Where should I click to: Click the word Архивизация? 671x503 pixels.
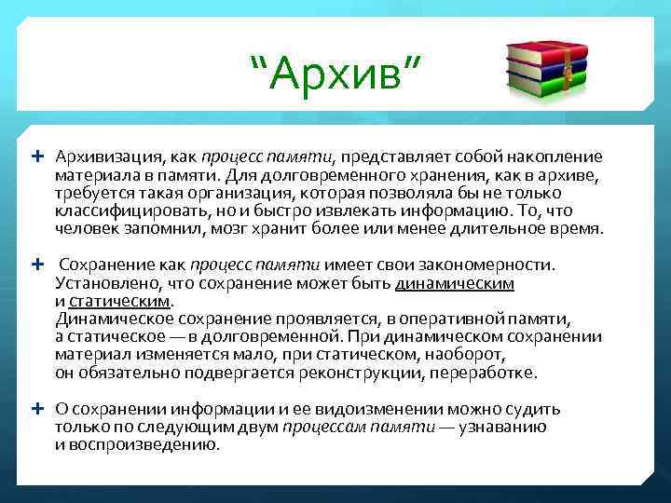(x=101, y=156)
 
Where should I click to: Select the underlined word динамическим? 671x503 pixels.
(x=455, y=283)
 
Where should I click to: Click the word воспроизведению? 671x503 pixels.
(x=144, y=444)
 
